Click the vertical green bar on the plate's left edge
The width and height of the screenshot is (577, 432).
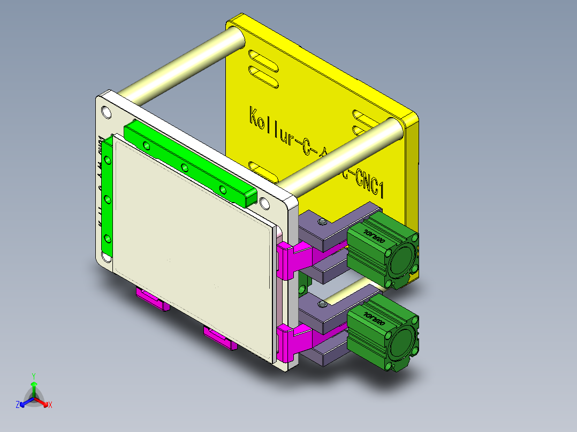[108, 198]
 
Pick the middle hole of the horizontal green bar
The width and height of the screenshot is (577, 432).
[185, 168]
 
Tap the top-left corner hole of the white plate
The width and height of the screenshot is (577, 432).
[106, 112]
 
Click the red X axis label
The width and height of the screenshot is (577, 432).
[50, 405]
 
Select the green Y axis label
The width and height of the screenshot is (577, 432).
[34, 376]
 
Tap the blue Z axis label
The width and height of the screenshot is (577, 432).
[18, 405]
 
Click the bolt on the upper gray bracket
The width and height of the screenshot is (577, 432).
[322, 222]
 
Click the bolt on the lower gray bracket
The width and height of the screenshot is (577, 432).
[322, 305]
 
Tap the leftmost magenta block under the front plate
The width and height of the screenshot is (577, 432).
[150, 299]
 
